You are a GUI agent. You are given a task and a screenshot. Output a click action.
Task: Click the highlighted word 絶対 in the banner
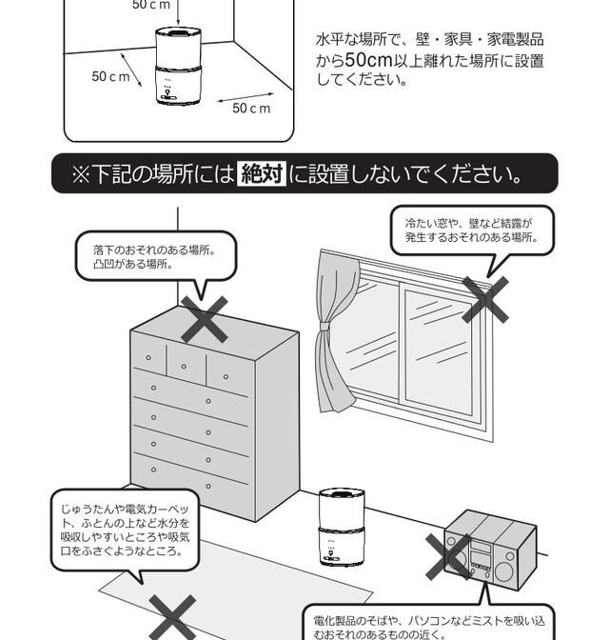[x=262, y=174]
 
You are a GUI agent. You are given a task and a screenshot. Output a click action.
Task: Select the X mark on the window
[x=485, y=299]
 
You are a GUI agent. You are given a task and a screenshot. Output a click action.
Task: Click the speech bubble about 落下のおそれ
[x=154, y=256]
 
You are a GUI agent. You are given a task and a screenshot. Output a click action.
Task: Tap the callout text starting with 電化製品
[x=428, y=626]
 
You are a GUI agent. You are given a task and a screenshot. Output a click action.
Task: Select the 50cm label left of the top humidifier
[x=110, y=76]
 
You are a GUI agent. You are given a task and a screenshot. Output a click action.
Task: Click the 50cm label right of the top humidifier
[x=251, y=108]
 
